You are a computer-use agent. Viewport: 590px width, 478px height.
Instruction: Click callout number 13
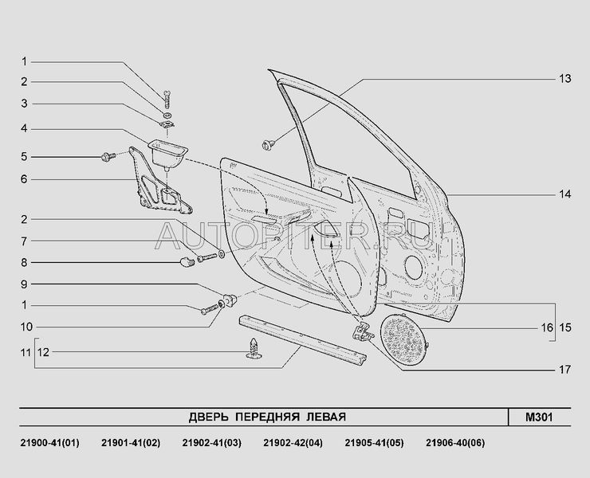tap(564, 79)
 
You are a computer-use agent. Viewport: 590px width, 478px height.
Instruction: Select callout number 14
tap(564, 194)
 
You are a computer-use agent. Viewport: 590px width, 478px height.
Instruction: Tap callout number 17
tap(564, 369)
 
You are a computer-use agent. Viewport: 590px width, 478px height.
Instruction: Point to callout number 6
tap(24, 179)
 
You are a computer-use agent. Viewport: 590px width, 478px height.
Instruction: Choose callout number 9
tap(24, 284)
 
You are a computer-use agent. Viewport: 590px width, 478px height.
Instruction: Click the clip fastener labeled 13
tap(269, 144)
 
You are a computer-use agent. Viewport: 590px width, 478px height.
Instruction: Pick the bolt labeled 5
tap(108, 156)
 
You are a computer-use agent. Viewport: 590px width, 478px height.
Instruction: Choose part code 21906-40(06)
tap(454, 443)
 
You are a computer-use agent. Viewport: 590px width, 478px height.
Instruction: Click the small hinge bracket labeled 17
tap(360, 334)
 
